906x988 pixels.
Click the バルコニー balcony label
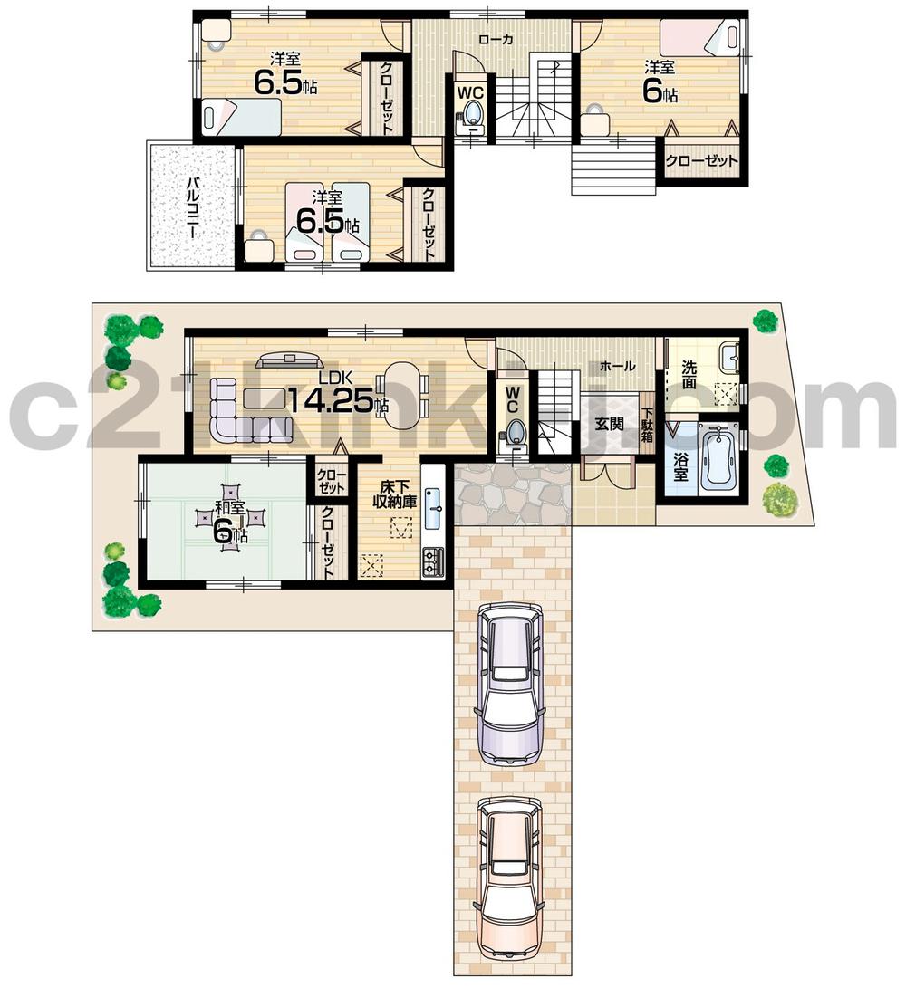click(193, 206)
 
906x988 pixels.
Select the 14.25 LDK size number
click(330, 399)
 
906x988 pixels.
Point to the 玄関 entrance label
click(609, 423)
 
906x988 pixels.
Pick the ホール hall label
click(617, 366)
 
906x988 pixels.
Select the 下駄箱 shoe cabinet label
click(648, 425)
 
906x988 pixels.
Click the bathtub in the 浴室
click(718, 456)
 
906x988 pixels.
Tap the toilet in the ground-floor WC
click(515, 431)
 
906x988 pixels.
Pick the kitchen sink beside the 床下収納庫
click(433, 508)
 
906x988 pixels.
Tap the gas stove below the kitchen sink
click(433, 561)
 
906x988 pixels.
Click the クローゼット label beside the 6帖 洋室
click(701, 161)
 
